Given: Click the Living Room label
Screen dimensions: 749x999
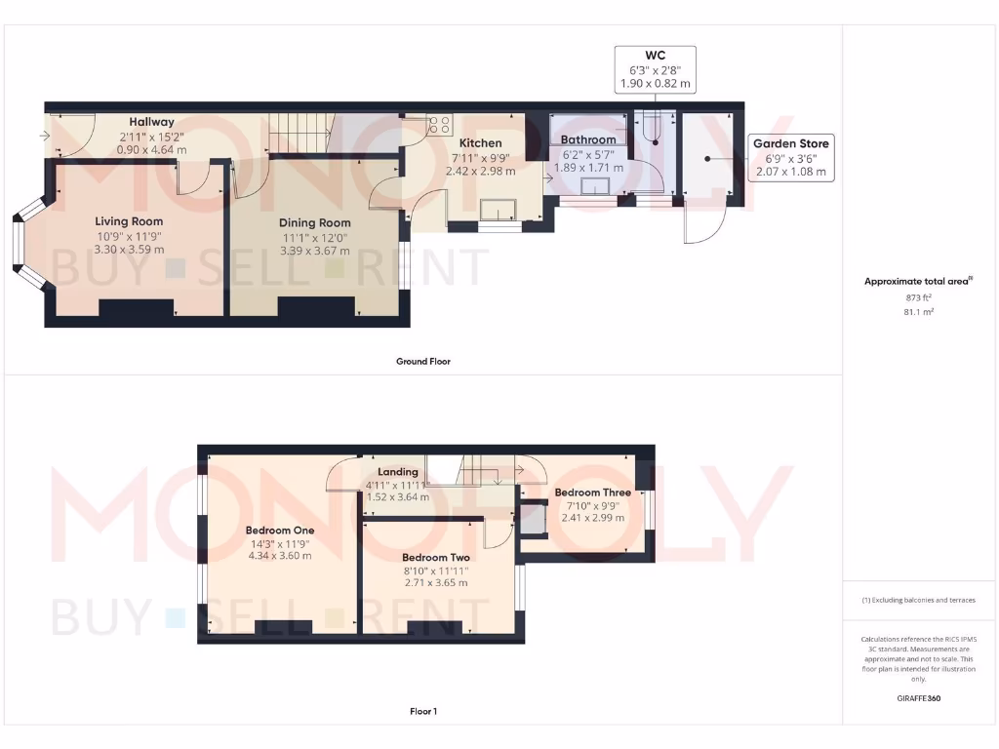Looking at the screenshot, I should (x=129, y=221).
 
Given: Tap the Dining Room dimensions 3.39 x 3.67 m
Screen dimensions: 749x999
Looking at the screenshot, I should (x=314, y=250).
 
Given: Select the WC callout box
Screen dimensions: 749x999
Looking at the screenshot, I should (x=656, y=69).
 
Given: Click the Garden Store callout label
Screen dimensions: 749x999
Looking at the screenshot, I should (x=791, y=144).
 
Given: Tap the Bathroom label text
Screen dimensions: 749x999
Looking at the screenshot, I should (x=588, y=139).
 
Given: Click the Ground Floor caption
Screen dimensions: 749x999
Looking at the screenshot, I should (x=423, y=361).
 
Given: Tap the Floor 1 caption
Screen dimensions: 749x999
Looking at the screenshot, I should (x=423, y=711).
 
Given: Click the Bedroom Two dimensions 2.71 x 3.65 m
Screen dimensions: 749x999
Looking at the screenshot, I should (x=435, y=582).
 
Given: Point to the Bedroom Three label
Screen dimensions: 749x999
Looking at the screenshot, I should (x=592, y=493).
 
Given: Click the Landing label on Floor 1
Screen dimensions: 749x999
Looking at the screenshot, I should (x=397, y=472).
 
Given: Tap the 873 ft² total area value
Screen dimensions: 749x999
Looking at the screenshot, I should (x=917, y=296).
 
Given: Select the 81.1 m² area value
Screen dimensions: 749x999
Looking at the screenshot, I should (x=917, y=312).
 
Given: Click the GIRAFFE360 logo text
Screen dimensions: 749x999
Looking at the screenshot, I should (x=918, y=698).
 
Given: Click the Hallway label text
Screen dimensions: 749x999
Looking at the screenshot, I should (x=152, y=122).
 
